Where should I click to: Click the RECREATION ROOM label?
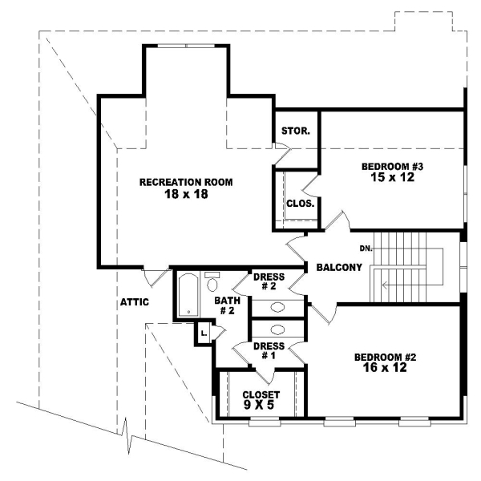click(186, 182)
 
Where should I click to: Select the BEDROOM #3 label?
click(391, 167)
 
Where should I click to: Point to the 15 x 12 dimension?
click(391, 178)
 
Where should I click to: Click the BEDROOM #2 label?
click(387, 358)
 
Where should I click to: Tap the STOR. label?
click(296, 131)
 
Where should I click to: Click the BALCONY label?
click(338, 267)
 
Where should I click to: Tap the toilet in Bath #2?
click(212, 283)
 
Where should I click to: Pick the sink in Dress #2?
click(277, 306)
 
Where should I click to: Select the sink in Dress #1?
click(277, 329)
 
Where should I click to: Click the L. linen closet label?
click(204, 332)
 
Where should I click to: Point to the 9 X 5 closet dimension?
click(261, 406)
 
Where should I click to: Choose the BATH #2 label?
click(224, 305)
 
